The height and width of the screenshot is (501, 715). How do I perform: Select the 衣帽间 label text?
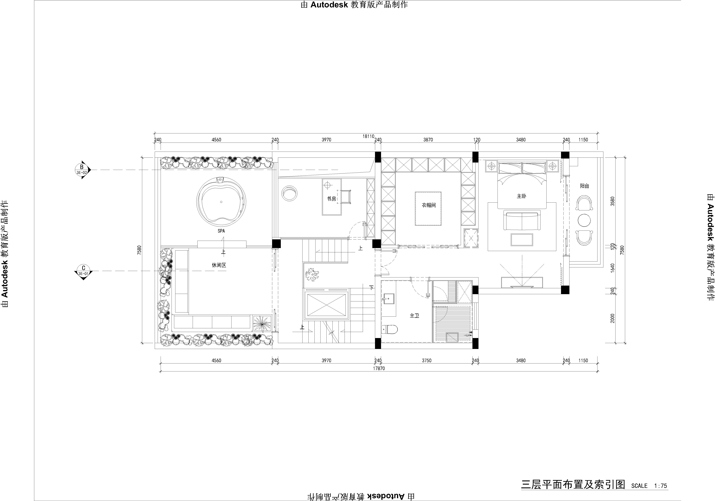point(429,205)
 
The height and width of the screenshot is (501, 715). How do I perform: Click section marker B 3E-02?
point(82,170)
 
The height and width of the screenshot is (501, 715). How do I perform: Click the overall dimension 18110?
point(368,136)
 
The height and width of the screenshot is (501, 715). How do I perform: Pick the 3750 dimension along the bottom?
point(427,360)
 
